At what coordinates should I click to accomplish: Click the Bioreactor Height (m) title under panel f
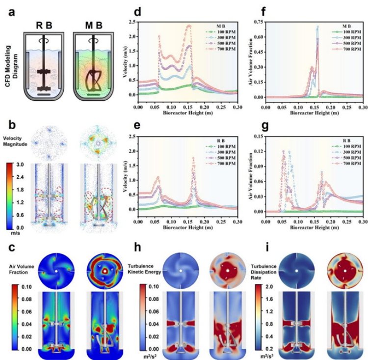307,112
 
